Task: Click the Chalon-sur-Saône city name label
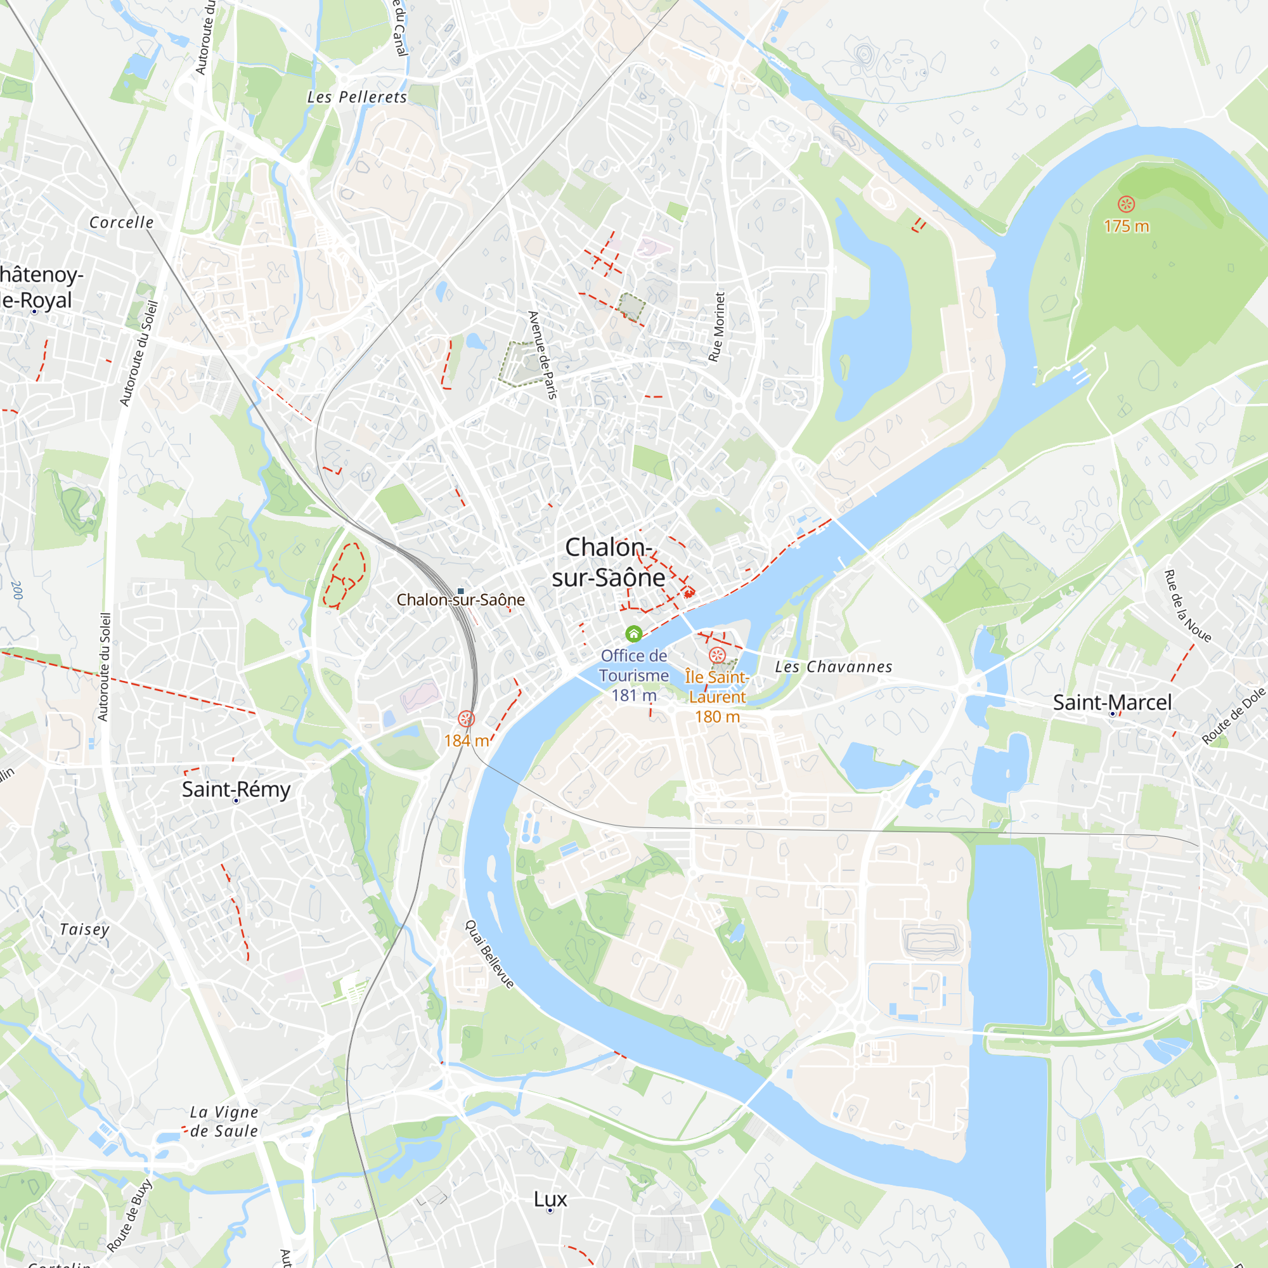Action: click(x=609, y=562)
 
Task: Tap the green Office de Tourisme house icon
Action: click(x=633, y=634)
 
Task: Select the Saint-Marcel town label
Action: click(x=1112, y=702)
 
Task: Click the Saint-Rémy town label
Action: click(x=236, y=789)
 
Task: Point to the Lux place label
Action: click(x=550, y=1199)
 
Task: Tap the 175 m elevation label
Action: click(x=1126, y=226)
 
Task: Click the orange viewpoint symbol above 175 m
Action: click(x=1126, y=204)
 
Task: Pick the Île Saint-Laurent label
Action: click(x=716, y=687)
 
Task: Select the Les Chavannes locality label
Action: click(x=834, y=667)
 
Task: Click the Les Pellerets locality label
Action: click(x=357, y=97)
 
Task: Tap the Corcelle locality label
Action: click(x=122, y=223)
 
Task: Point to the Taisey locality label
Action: click(x=85, y=929)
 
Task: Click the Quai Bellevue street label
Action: click(x=489, y=954)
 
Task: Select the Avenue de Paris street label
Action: click(x=543, y=355)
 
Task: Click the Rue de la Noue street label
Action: click(x=1187, y=605)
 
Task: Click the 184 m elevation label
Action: click(x=466, y=741)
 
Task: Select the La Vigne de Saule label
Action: click(x=224, y=1122)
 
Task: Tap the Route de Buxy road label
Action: click(x=129, y=1215)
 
